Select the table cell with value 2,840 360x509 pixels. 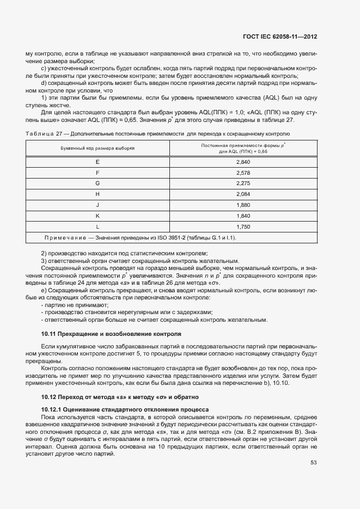243,163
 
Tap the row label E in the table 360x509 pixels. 97,163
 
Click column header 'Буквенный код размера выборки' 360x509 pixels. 97,148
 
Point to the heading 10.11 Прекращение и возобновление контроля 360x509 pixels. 111,332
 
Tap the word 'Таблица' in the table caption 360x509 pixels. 38,133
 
